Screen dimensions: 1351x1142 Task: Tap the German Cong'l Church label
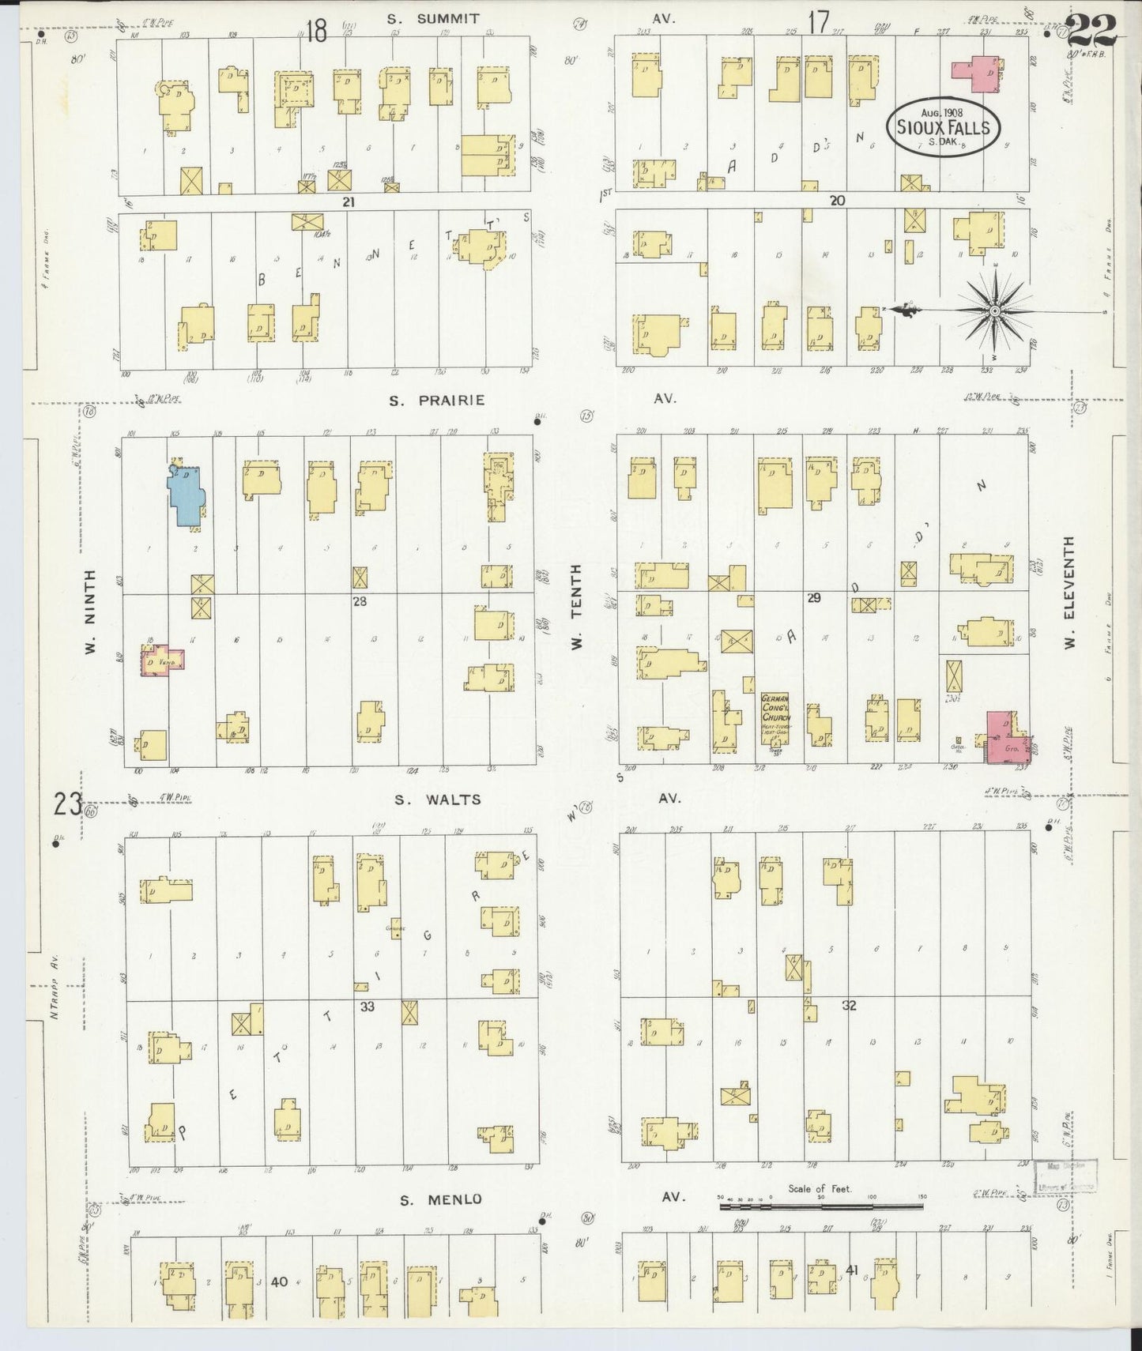[x=775, y=709]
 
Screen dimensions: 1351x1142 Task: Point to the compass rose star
[x=993, y=311]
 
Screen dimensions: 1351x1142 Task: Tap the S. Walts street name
[x=438, y=800]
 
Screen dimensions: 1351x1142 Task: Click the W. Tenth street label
[x=576, y=607]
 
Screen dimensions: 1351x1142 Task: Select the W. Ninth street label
[x=90, y=612]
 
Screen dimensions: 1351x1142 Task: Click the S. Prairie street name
[x=436, y=400]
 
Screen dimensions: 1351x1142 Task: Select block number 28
[x=360, y=601]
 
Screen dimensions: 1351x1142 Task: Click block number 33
[x=367, y=1007]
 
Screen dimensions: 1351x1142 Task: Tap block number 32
[x=849, y=1006]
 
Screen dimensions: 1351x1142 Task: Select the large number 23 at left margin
[x=69, y=804]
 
